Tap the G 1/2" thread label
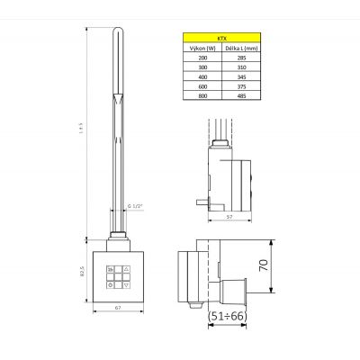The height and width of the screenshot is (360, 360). [x=135, y=208]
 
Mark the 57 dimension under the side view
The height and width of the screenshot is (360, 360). [x=229, y=217]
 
